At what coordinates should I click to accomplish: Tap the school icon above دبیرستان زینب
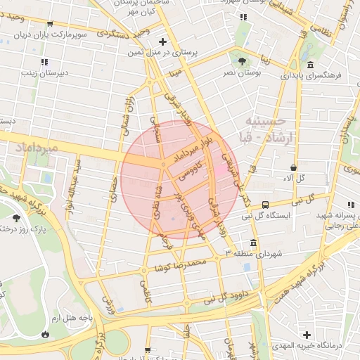coord(44,62)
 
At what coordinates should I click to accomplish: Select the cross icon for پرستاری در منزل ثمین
coord(162,41)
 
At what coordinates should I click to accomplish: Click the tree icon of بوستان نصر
coord(243,61)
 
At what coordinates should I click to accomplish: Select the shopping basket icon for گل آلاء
coord(294,167)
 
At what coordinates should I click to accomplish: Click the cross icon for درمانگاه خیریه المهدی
coord(306,334)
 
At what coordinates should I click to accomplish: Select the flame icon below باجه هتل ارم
coord(47,334)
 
